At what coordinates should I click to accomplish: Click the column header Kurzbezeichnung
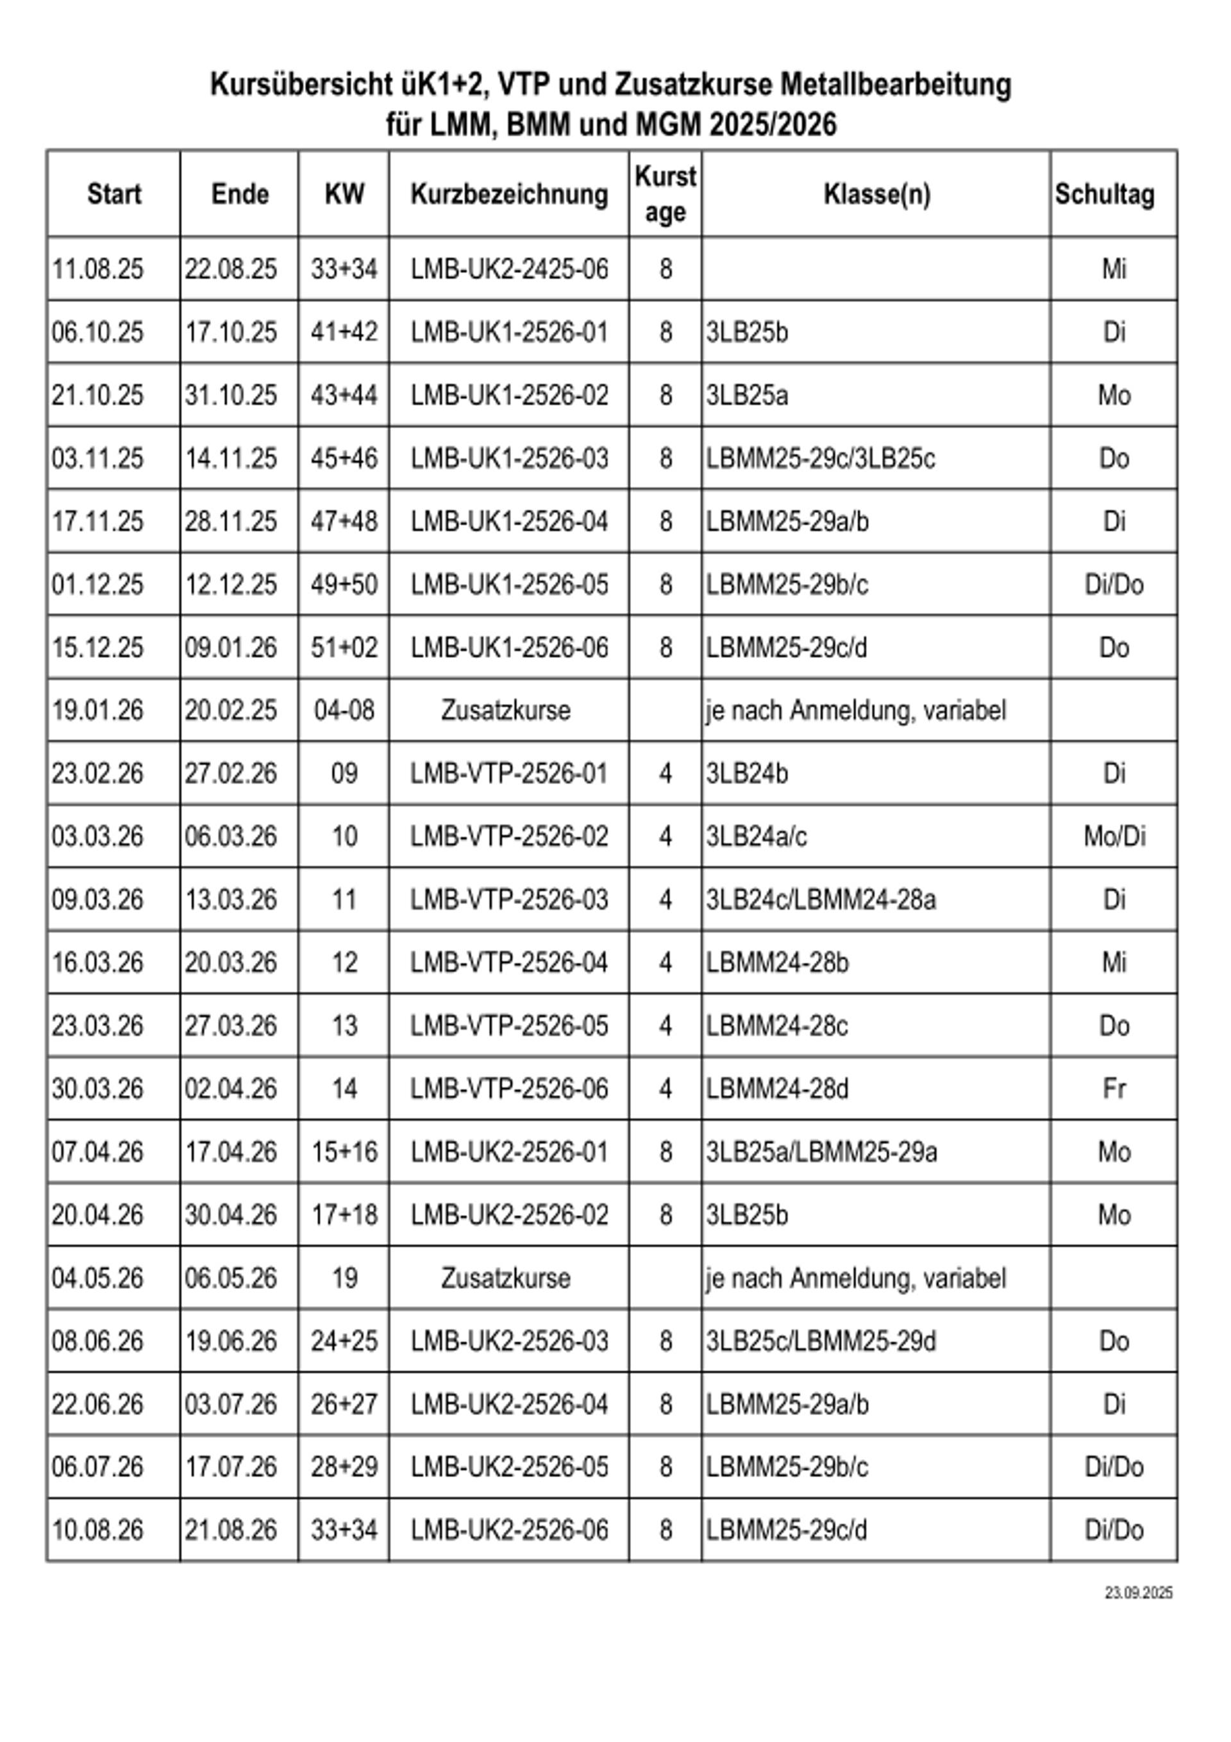tap(509, 194)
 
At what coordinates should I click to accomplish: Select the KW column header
tap(344, 194)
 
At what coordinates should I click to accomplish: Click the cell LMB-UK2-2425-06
tap(509, 269)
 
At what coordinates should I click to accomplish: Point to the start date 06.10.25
tap(98, 332)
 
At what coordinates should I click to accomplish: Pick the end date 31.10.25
tap(231, 396)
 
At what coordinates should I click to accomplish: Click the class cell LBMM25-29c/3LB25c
tap(821, 458)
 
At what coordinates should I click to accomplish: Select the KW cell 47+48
tap(344, 521)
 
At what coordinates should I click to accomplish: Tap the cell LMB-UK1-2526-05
tap(509, 584)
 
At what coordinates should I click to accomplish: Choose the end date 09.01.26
tap(231, 647)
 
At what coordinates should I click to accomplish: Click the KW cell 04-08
tap(344, 710)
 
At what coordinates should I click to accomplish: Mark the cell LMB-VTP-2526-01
tap(509, 773)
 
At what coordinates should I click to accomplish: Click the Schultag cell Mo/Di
tap(1114, 836)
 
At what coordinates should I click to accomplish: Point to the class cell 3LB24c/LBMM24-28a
tap(821, 899)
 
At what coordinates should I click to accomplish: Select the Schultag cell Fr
tap(1114, 1089)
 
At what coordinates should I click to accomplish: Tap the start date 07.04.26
tap(98, 1152)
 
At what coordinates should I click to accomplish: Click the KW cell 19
tap(344, 1278)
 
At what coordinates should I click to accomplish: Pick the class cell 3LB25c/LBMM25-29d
tap(821, 1341)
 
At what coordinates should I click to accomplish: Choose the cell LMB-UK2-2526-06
tap(509, 1530)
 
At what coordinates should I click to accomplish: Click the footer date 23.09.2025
tap(1139, 1593)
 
